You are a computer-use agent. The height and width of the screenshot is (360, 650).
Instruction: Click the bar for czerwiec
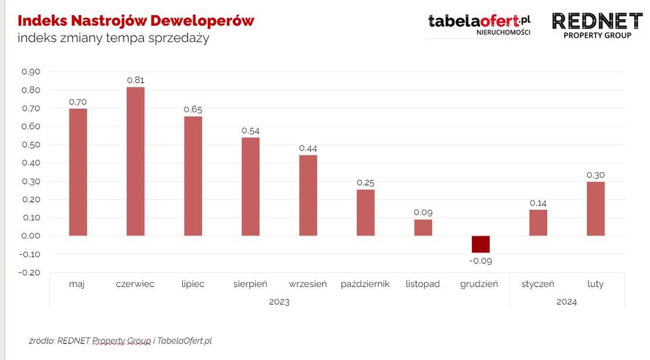pyautogui.click(x=135, y=161)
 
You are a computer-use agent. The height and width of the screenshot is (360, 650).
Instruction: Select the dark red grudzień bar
pyautogui.click(x=481, y=244)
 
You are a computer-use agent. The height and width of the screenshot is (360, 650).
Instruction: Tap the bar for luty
pyautogui.click(x=596, y=209)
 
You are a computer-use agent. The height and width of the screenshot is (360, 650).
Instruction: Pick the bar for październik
pyautogui.click(x=366, y=212)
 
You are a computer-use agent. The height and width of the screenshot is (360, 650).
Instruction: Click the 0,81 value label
pyautogui.click(x=135, y=80)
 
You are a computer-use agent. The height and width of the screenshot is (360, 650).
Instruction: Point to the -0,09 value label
pyautogui.click(x=481, y=261)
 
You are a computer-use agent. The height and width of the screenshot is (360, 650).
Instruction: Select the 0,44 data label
pyautogui.click(x=308, y=148)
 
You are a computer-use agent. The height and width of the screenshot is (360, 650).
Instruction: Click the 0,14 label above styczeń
pyautogui.click(x=538, y=203)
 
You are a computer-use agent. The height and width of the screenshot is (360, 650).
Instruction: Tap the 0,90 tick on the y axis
pyautogui.click(x=31, y=72)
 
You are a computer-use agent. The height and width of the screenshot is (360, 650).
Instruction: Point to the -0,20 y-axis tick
pyautogui.click(x=30, y=272)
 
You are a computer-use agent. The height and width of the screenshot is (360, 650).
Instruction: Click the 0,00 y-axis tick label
pyautogui.click(x=31, y=236)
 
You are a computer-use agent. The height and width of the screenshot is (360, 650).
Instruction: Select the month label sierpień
pyautogui.click(x=250, y=284)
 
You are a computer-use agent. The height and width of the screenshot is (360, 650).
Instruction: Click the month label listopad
pyautogui.click(x=423, y=284)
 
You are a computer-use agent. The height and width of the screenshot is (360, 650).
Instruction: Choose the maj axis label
pyautogui.click(x=77, y=284)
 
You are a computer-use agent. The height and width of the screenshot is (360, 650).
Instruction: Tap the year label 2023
pyautogui.click(x=279, y=302)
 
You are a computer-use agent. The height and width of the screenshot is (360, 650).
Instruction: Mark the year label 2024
pyautogui.click(x=566, y=302)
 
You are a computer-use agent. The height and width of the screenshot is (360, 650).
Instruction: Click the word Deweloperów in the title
pyautogui.click(x=202, y=21)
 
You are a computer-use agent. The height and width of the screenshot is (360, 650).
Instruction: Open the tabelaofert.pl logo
pyautogui.click(x=479, y=25)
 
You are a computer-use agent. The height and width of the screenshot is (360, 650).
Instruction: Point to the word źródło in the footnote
pyautogui.click(x=41, y=340)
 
